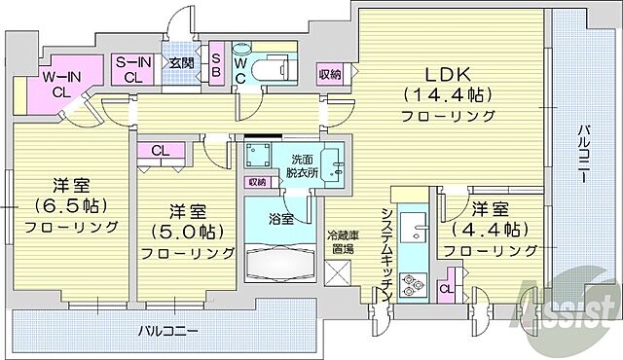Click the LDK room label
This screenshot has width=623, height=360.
(447, 73)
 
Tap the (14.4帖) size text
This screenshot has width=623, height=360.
(447, 94)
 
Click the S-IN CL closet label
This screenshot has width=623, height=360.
(132, 71)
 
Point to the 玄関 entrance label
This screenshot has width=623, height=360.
(181, 63)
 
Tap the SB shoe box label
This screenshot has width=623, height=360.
(216, 63)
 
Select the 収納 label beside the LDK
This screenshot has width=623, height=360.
(330, 75)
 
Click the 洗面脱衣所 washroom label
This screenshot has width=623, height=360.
(301, 165)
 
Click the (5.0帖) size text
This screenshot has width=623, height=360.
(187, 232)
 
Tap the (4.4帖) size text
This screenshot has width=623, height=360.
(491, 230)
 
